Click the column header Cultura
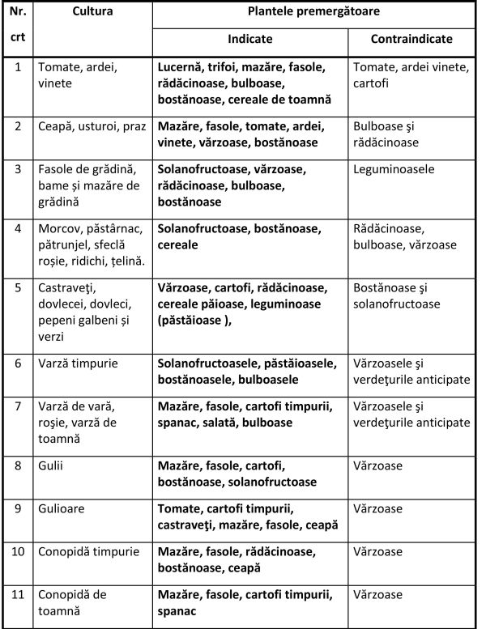(x=92, y=13)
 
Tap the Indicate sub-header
(x=249, y=39)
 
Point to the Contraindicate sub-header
(x=411, y=39)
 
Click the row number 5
(x=19, y=287)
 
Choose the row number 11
(x=19, y=594)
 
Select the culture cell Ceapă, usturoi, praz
(x=90, y=126)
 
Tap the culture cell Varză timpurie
(x=78, y=363)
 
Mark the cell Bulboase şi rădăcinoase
(x=386, y=134)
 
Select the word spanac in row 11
(x=177, y=610)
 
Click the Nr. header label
(x=19, y=13)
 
